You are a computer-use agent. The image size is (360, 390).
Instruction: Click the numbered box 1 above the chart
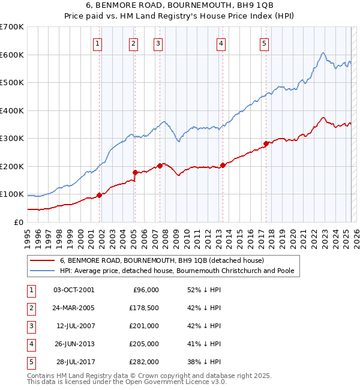(x=97, y=43)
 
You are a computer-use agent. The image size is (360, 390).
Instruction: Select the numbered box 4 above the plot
(x=221, y=43)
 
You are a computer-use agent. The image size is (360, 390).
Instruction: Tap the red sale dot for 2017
(x=265, y=143)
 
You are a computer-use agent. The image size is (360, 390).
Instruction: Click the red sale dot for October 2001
(x=99, y=195)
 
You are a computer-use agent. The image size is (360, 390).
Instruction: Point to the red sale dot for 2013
(x=223, y=165)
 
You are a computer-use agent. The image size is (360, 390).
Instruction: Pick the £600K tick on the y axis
(x=12, y=55)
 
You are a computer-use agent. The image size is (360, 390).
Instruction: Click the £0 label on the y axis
(x=18, y=222)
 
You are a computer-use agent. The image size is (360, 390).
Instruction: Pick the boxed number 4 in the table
(x=31, y=344)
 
